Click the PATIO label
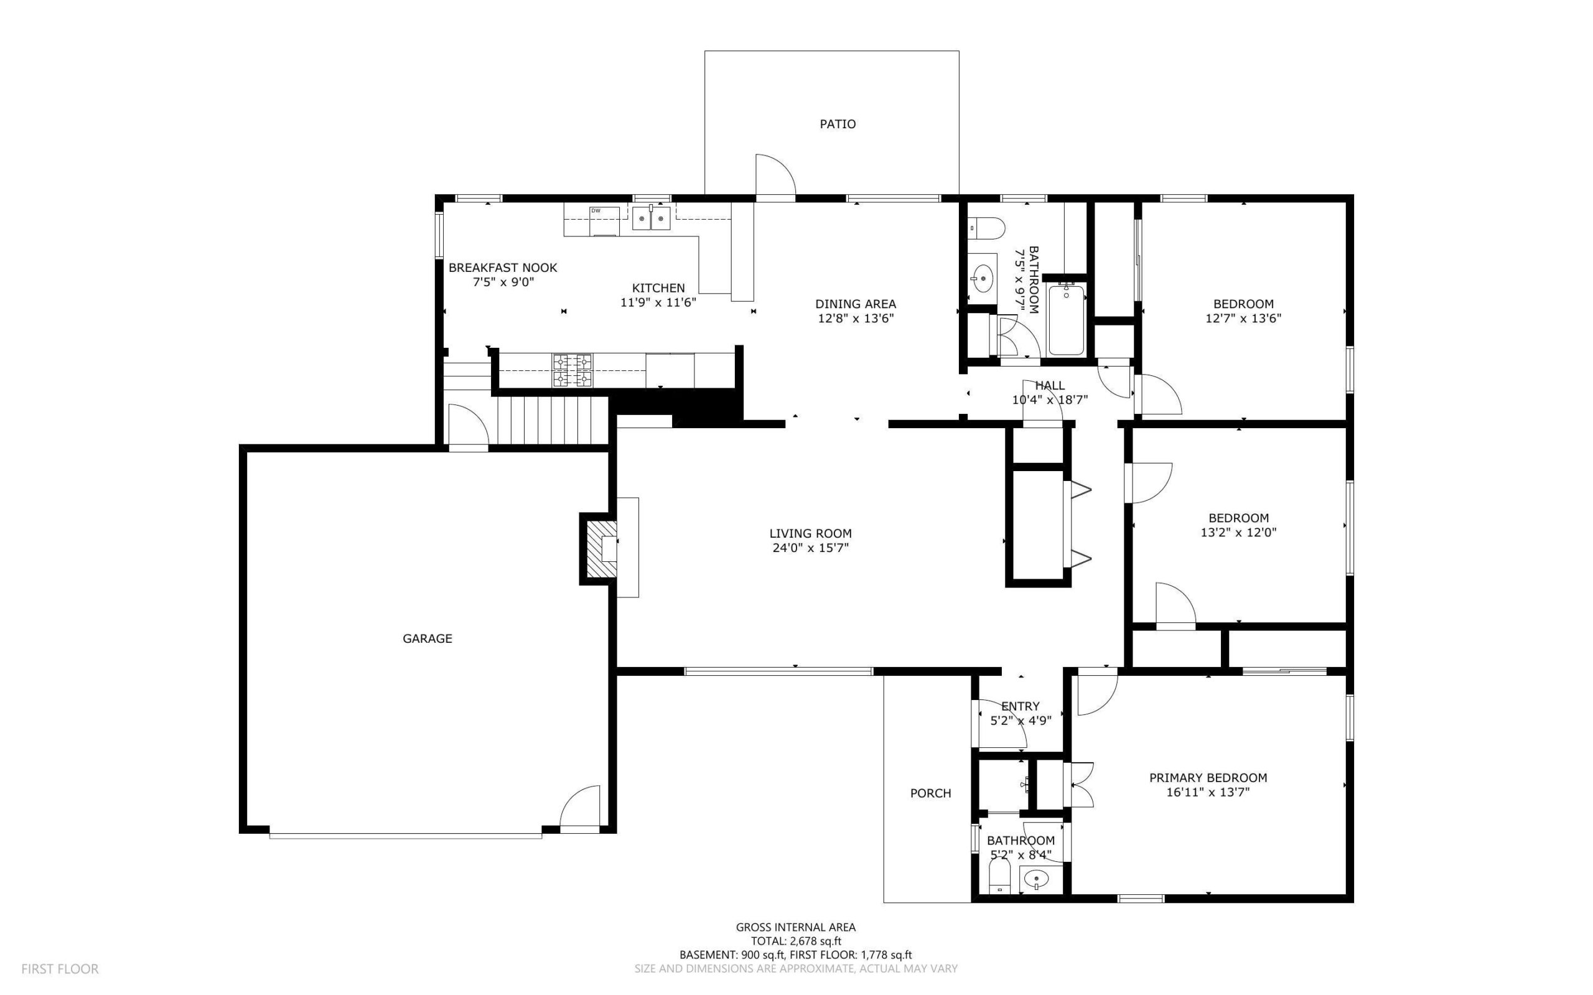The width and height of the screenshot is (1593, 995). coord(838,124)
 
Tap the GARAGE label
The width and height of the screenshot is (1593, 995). coord(427,638)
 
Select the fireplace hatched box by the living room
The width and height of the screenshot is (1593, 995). coord(601,549)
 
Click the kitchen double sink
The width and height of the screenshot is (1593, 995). coord(652,218)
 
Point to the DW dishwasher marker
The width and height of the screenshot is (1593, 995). coord(596,210)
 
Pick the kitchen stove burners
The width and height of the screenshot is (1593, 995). coord(572,370)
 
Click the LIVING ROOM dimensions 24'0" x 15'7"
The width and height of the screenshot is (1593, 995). coord(811,548)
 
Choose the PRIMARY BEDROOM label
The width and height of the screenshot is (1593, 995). coord(1208,777)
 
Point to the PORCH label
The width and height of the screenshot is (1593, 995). coord(930,793)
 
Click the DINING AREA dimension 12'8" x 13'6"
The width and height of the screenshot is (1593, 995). coord(856,319)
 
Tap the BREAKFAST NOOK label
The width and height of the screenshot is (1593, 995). coord(503,267)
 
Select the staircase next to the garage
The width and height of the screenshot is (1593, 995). coord(551,419)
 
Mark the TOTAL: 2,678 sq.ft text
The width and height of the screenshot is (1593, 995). coord(795,941)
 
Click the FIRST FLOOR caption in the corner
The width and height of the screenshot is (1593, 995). coord(60,969)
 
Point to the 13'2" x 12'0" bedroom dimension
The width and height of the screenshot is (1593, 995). coord(1238,533)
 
